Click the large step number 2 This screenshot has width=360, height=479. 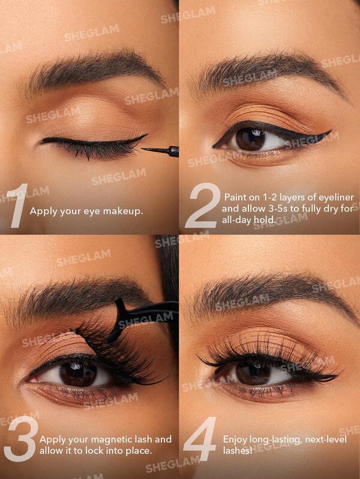click(202, 206)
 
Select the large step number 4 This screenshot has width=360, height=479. click(200, 439)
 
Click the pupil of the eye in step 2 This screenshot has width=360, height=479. click(251, 139)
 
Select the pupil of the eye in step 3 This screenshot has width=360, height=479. click(78, 372)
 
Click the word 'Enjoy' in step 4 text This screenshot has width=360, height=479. click(235, 439)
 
